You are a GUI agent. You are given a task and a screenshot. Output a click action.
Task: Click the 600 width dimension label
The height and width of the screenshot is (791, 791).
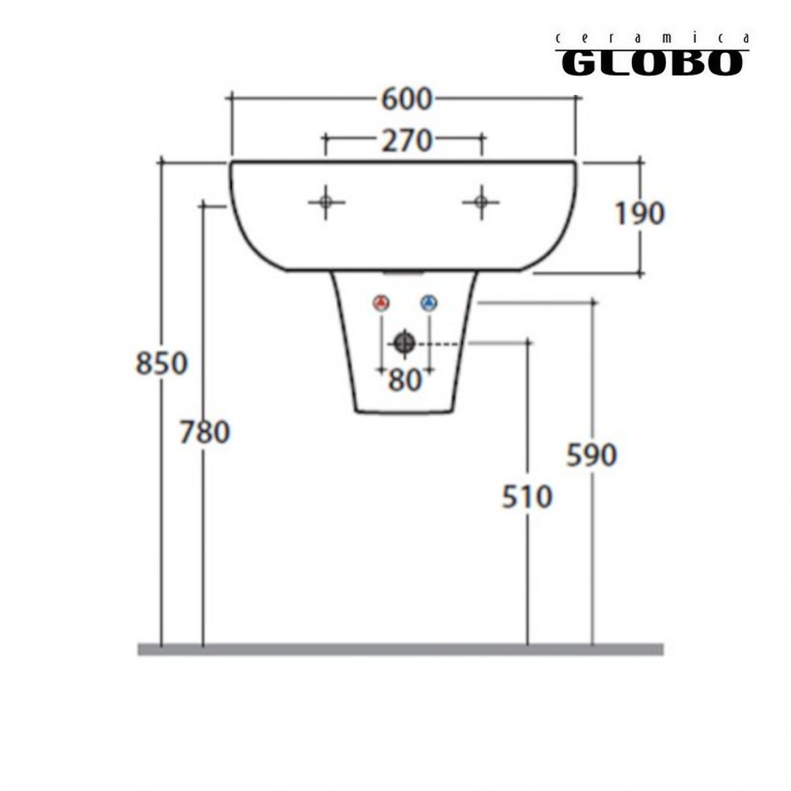(407, 99)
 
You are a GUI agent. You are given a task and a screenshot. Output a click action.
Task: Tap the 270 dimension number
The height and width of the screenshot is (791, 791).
(407, 141)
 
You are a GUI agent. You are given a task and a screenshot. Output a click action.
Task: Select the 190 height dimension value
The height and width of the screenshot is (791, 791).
(640, 213)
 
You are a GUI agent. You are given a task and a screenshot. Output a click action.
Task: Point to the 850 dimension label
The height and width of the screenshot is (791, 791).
(162, 363)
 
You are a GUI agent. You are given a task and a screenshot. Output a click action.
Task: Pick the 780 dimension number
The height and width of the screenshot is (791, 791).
(205, 433)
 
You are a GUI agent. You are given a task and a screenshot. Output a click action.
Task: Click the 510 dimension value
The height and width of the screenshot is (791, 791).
(527, 497)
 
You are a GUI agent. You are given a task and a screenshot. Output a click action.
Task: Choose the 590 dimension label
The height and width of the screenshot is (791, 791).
(592, 455)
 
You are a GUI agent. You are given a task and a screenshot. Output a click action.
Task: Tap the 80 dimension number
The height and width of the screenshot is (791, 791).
(404, 380)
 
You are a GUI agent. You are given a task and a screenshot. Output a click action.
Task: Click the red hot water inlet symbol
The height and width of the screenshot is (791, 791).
(381, 303)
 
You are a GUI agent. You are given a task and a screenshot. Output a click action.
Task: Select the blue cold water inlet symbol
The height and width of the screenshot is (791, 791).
(429, 303)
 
